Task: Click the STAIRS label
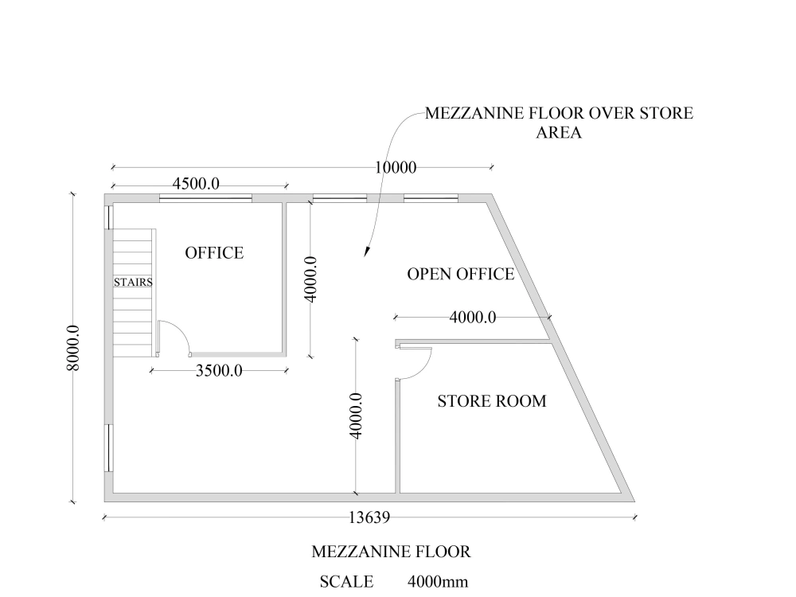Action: click(133, 282)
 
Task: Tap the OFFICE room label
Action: click(214, 253)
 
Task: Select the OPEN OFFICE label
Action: click(460, 274)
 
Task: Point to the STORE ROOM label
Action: click(492, 400)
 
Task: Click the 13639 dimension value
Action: click(369, 517)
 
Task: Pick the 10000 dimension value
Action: click(396, 167)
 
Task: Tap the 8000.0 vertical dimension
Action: click(72, 347)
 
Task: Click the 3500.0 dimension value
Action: click(219, 370)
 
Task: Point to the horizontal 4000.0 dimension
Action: click(473, 318)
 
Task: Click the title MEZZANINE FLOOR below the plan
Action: click(391, 551)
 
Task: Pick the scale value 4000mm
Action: click(437, 582)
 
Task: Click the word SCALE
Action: click(346, 582)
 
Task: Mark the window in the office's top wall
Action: click(205, 197)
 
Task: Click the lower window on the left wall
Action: click(107, 447)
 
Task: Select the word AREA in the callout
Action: click(559, 133)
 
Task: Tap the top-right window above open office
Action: click(430, 197)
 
